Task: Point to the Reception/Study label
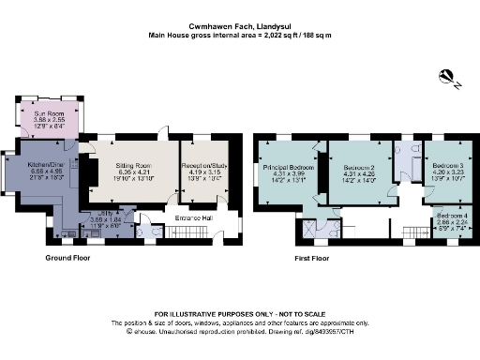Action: tap(204, 165)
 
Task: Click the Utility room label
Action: tap(104, 213)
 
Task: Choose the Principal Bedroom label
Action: tap(290, 165)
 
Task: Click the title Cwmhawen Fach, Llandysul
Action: tap(239, 25)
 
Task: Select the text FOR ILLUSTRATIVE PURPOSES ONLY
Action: tap(239, 313)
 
